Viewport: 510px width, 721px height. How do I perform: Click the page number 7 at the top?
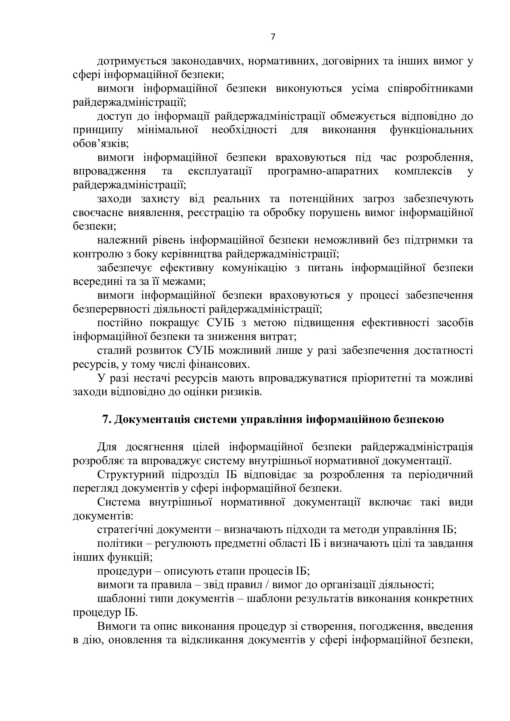(273, 37)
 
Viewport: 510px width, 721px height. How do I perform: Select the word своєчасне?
(97, 213)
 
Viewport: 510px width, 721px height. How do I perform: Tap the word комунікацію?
(254, 268)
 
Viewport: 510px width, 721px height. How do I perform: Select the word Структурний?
(131, 474)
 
